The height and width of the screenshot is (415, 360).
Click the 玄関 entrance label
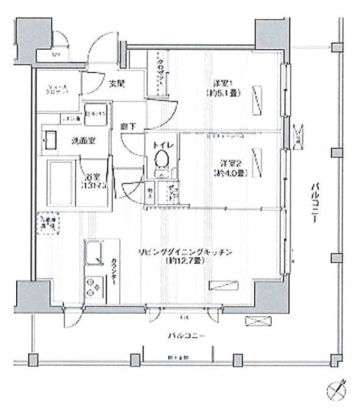point(116,83)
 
